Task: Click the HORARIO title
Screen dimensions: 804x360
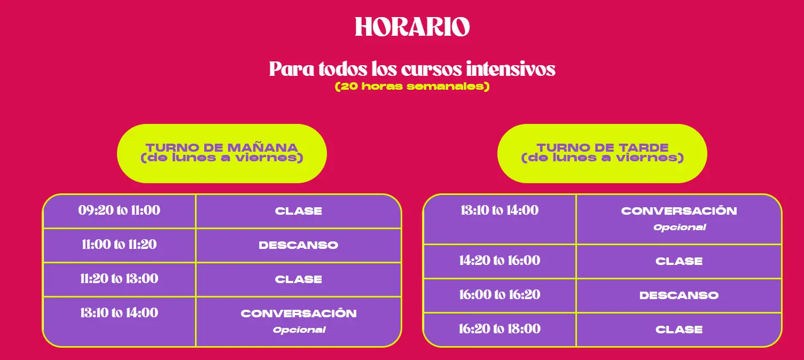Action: (412, 27)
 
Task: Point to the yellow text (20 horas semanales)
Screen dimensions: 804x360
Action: (412, 87)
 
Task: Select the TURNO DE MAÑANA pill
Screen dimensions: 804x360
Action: (222, 153)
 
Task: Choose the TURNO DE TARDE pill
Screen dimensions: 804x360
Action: (602, 153)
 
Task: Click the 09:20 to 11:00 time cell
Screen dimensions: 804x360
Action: (119, 210)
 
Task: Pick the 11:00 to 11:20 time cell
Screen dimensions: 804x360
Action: (119, 245)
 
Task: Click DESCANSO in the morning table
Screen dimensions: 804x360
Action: (298, 245)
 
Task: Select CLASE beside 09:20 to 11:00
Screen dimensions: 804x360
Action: (298, 211)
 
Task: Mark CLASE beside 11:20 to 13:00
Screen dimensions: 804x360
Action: (298, 279)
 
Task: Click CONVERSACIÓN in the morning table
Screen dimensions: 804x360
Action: (299, 313)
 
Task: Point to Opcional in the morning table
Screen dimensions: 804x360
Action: (299, 330)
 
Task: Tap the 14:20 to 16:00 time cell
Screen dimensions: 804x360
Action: (499, 261)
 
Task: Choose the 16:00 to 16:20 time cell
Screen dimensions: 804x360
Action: (499, 295)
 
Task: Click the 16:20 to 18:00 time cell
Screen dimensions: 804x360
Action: (499, 329)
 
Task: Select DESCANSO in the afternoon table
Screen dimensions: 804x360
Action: (679, 295)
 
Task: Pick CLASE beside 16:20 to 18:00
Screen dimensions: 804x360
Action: (679, 330)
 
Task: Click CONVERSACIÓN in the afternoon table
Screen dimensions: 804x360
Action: (679, 210)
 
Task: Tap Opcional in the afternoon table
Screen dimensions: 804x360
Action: (680, 227)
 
